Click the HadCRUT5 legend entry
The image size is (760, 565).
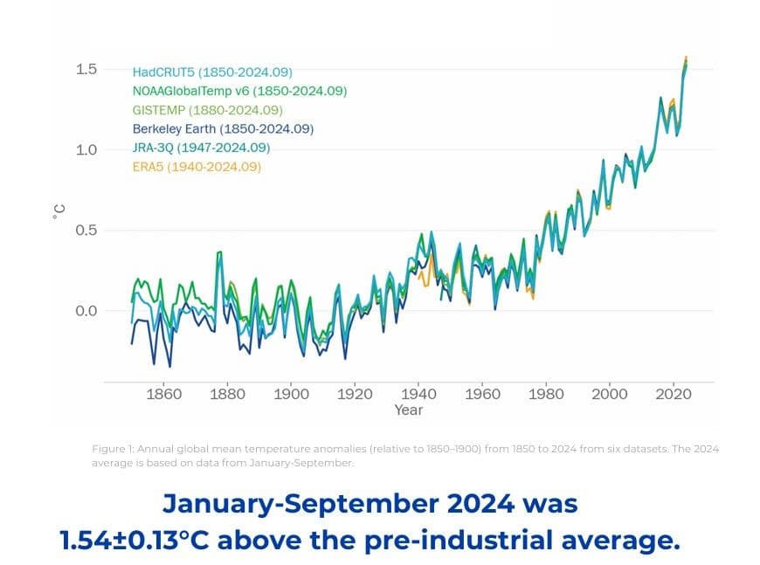212,72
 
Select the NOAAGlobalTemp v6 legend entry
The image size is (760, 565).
240,91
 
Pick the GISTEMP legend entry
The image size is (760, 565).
208,110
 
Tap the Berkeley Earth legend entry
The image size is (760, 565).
223,128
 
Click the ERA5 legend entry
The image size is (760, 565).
197,166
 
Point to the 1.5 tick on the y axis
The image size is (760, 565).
86,69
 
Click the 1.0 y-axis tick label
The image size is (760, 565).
86,149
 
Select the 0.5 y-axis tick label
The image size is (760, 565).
86,231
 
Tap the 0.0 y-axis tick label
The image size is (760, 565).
86,311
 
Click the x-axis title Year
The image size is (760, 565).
408,410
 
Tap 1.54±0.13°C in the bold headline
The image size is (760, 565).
135,540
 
